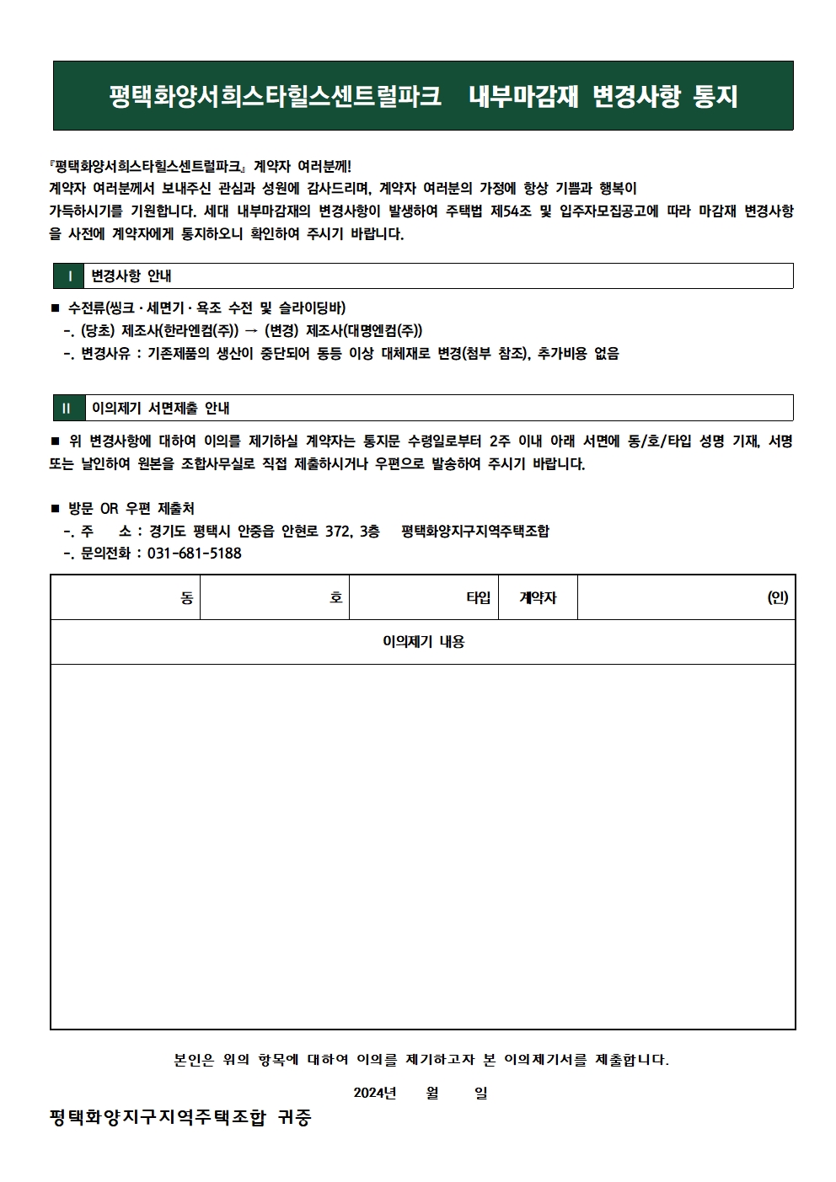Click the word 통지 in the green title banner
coord(715,96)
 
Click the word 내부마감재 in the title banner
coord(523,96)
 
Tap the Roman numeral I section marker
coord(69,276)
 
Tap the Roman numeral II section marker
coord(67,409)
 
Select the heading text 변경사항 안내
coord(131,276)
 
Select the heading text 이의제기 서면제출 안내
coord(161,409)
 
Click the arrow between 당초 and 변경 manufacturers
coord(250,331)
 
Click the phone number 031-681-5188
coord(194,554)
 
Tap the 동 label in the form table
coord(187,597)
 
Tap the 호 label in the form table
coord(335,597)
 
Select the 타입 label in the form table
coord(478,597)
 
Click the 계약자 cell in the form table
coord(538,597)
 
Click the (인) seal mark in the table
coord(777,597)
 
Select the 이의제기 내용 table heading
coord(423,642)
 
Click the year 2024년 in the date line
coord(374,1093)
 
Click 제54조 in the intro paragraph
coord(511,211)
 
